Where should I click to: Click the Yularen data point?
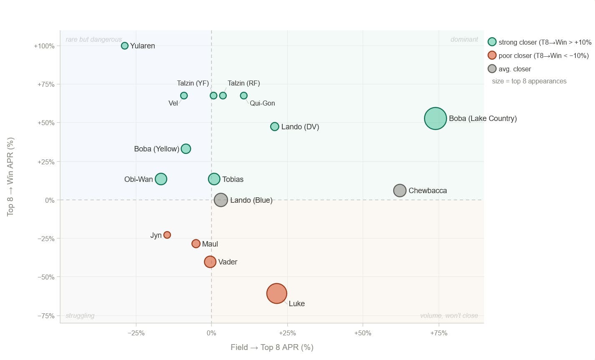(125, 46)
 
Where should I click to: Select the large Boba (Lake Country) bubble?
(435, 118)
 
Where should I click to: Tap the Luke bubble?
(276, 293)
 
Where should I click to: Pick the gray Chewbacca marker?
(400, 191)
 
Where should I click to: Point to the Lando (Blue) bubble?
(221, 200)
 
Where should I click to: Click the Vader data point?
(210, 262)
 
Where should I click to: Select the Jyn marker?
(167, 235)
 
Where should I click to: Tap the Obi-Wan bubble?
(161, 179)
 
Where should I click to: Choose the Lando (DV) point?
(274, 126)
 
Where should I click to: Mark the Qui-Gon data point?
(244, 96)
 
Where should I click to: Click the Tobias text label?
(233, 179)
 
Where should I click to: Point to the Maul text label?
(210, 244)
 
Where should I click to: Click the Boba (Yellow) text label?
(156, 149)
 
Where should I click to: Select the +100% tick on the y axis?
(44, 46)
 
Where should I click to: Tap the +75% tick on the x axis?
(439, 333)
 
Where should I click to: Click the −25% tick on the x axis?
(136, 333)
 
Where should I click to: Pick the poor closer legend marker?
(492, 55)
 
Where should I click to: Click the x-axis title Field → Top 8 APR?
(272, 347)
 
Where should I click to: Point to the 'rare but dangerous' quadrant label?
(94, 40)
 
